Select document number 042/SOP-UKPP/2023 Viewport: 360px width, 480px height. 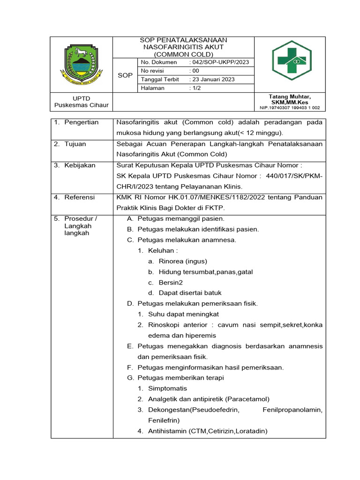218,62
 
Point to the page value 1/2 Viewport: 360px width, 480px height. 195,88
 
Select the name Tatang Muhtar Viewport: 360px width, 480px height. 290,96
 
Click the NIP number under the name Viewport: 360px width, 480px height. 290,108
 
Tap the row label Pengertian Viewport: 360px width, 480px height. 82,122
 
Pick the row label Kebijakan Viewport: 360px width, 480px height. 80,165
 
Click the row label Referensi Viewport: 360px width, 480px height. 80,197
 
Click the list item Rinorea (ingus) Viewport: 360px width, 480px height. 182,261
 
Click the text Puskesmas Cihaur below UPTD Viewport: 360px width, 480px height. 82,105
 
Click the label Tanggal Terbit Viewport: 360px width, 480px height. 159,80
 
